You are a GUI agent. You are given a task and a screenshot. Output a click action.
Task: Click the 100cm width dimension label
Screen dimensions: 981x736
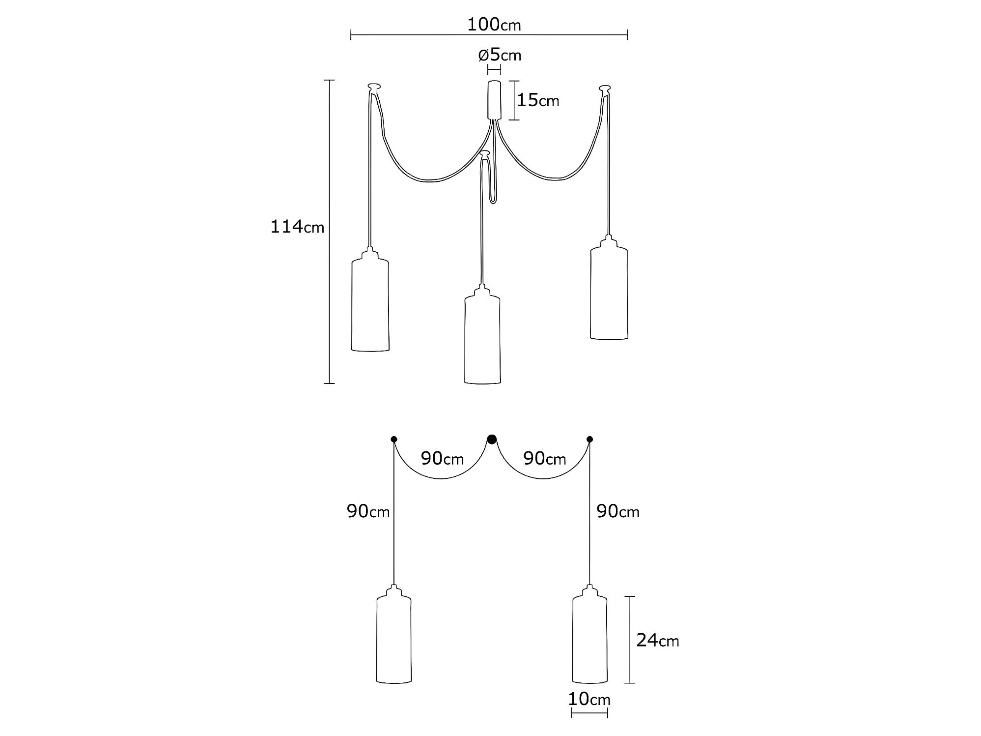[x=494, y=25]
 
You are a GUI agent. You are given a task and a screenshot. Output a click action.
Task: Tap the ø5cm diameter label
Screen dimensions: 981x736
[x=500, y=55]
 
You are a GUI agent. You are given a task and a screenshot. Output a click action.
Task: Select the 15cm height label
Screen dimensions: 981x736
[x=538, y=100]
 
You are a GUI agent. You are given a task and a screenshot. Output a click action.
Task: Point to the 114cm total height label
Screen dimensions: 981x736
[x=297, y=227]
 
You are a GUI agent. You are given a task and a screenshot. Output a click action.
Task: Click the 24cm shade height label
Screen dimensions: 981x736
[x=658, y=640]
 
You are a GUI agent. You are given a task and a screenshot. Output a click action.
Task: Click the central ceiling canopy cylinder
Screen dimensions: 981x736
[x=494, y=100]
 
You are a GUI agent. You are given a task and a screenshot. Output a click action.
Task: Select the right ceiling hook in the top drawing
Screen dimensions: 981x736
[x=605, y=89]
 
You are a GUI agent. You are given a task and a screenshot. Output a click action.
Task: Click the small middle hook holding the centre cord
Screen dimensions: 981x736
[x=485, y=154]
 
